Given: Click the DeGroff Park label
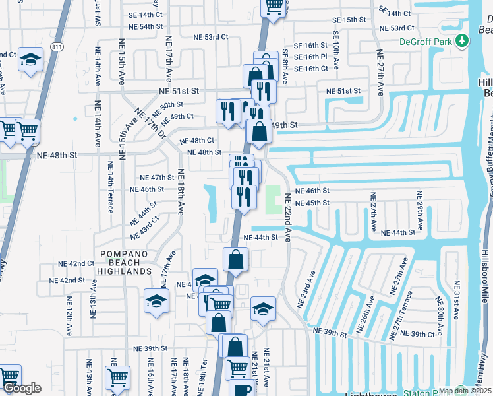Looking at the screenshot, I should click(428, 41).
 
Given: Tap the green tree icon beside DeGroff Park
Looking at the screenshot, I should click(463, 41).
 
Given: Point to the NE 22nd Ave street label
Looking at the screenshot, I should click(287, 217).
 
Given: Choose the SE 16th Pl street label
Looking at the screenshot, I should click(311, 57).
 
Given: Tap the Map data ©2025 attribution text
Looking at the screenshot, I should click(465, 391).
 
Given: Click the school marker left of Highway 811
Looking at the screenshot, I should click(31, 59).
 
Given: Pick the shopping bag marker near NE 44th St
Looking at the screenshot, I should click(235, 259).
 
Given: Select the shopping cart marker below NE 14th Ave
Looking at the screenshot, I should click(117, 378).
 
